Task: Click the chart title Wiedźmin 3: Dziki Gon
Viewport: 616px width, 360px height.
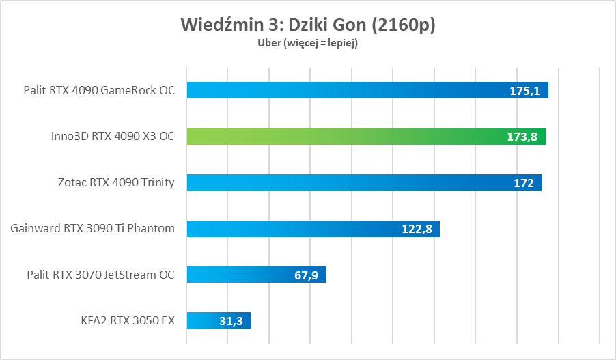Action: [x=308, y=25]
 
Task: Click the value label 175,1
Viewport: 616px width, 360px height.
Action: [x=524, y=91]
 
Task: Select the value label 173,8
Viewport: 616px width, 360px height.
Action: [x=522, y=137]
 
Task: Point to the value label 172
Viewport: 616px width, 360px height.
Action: [x=524, y=182]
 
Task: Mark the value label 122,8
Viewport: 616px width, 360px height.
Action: [x=417, y=229]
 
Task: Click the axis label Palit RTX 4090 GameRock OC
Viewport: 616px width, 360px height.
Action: [x=99, y=90]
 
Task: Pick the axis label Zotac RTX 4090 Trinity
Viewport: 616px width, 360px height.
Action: [x=116, y=182]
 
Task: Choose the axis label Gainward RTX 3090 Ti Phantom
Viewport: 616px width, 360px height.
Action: [x=93, y=228]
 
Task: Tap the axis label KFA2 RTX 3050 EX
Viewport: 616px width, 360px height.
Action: [x=126, y=320]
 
